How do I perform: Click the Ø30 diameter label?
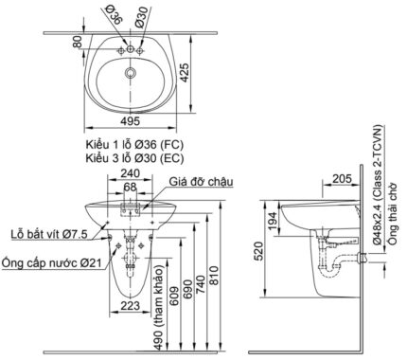(x=140, y=16)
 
